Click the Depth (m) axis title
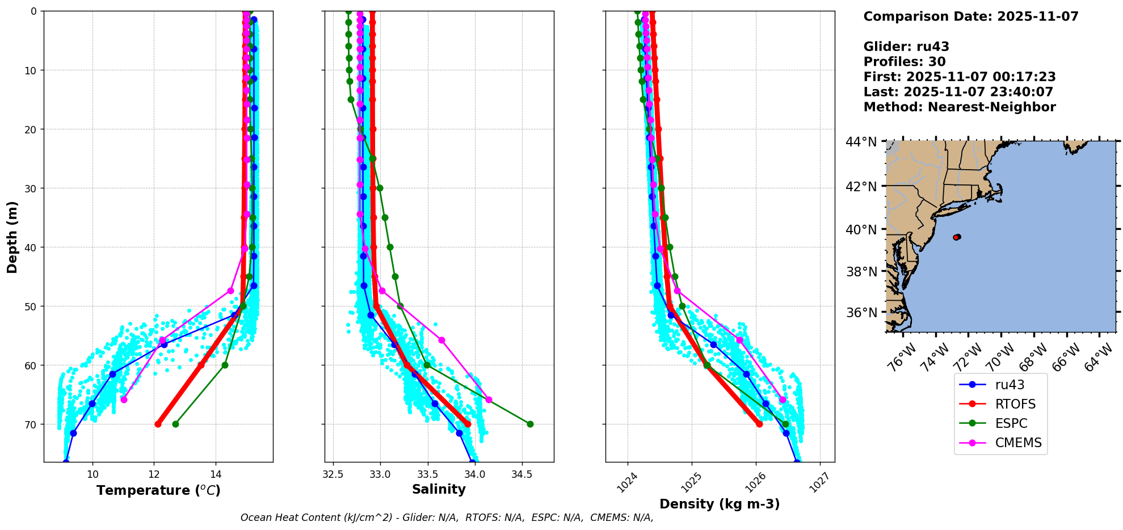pos(12,237)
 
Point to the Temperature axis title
pos(158,490)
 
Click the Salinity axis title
pos(439,489)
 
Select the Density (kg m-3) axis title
pos(720,504)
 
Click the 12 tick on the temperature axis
pos(154,474)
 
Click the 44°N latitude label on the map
pos(861,142)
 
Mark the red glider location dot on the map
pos(957,237)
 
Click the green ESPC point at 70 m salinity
pos(530,424)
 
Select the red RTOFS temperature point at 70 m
pos(158,424)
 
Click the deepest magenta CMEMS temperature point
pos(124,399)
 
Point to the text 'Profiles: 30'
pos(905,62)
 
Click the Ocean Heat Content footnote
pos(447,518)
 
